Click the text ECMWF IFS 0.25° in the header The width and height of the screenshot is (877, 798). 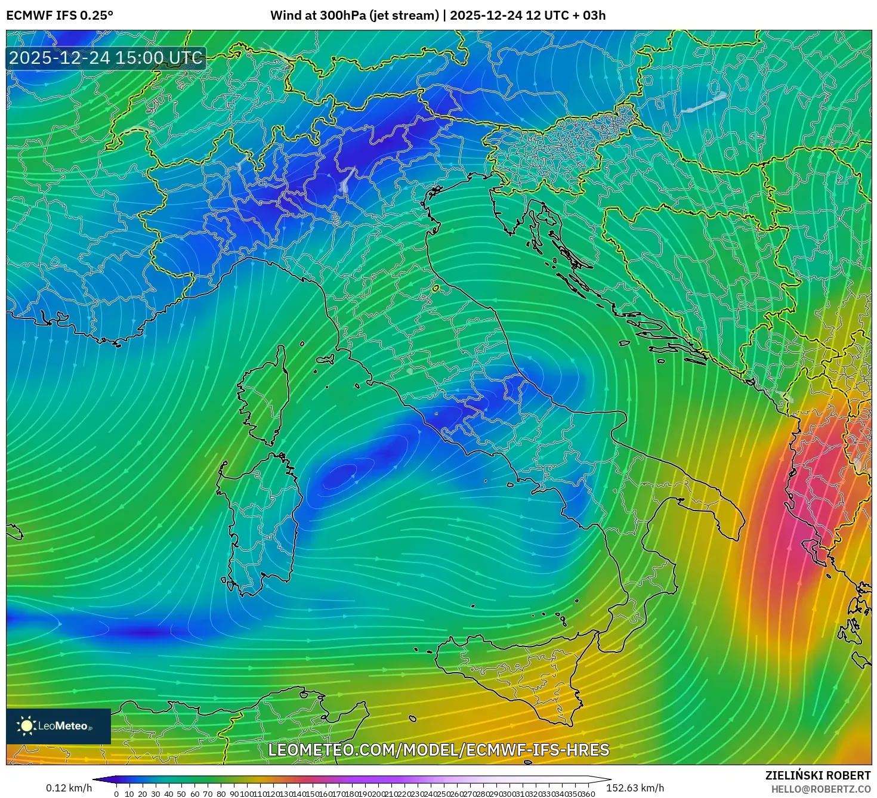coord(60,16)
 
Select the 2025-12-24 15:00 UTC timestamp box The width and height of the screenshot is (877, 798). coord(106,58)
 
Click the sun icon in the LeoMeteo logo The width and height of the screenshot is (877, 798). coord(26,725)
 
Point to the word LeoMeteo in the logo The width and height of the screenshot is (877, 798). coord(63,726)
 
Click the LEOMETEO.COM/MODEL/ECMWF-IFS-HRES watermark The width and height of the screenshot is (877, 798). coord(438,750)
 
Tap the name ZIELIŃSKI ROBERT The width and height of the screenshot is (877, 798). coord(818,775)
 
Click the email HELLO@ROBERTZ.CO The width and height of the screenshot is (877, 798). coord(821,789)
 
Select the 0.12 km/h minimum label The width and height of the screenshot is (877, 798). coord(69,788)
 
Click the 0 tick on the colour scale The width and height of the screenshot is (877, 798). coord(116,794)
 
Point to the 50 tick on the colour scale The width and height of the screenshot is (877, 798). coord(181,794)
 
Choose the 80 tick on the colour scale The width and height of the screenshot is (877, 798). coord(221,794)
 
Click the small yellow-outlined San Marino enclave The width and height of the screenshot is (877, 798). coord(436,289)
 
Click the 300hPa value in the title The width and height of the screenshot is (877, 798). coord(342,16)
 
